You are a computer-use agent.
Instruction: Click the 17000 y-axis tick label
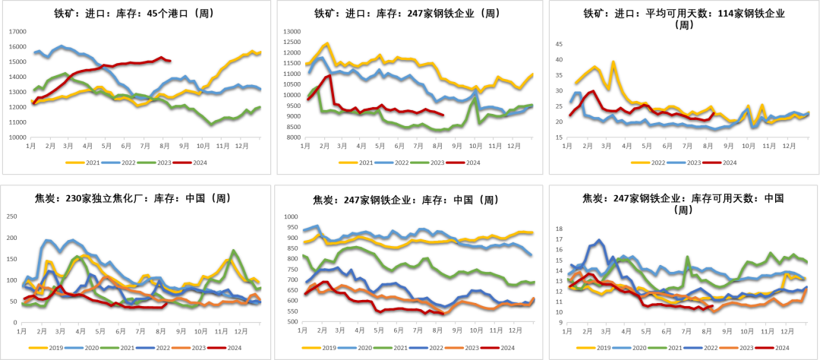click(x=17, y=32)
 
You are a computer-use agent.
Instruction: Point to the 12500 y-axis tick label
click(x=292, y=42)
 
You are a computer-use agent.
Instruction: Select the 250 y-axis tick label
click(x=11, y=216)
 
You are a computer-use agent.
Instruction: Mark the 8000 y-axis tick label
click(x=292, y=137)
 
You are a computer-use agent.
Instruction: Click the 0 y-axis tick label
click(x=15, y=322)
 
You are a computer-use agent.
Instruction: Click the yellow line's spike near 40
click(x=613, y=62)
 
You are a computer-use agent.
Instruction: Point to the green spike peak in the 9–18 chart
click(x=687, y=257)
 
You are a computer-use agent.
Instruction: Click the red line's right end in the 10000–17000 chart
click(x=170, y=60)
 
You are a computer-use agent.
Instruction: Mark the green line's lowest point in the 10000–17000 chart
click(x=211, y=123)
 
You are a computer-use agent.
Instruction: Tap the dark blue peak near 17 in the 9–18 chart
click(x=599, y=240)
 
